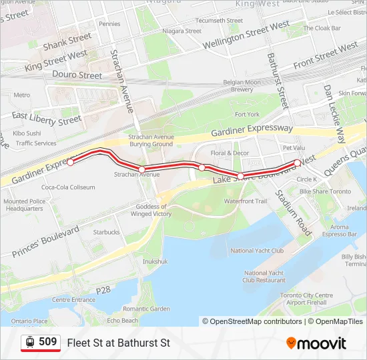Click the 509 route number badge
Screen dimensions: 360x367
41,343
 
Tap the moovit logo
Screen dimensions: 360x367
316,343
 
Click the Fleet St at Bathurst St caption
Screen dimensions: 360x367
119,343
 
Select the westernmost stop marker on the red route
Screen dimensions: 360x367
70,162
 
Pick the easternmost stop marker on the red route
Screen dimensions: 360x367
297,163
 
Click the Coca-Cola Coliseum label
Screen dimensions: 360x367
68,187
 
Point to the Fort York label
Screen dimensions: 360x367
247,115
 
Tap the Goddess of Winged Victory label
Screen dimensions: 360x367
151,211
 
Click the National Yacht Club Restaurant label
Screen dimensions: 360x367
264,277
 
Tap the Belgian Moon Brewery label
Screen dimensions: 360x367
242,86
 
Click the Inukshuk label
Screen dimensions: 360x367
155,261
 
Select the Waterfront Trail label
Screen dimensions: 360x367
245,201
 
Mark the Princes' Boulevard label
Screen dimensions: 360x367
45,241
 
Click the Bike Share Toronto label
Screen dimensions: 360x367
325,191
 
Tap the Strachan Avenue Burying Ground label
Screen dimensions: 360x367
151,140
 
